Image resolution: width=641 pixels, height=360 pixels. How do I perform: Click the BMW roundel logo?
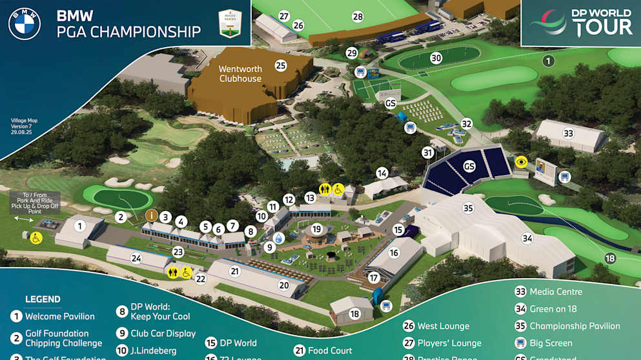(x=25, y=24)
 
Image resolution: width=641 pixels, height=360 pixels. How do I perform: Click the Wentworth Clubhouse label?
(x=240, y=74)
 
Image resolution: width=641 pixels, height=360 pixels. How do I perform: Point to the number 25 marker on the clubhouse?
(x=280, y=65)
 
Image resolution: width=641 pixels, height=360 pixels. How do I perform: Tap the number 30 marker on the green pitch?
(x=436, y=58)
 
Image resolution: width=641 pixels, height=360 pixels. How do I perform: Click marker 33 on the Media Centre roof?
(x=568, y=134)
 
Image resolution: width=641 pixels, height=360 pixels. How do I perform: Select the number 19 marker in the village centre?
(x=316, y=228)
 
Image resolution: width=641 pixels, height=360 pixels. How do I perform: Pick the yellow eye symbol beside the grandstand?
(x=521, y=162)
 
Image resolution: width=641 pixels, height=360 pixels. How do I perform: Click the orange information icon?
(x=152, y=215)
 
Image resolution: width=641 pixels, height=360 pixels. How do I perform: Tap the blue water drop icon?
(x=278, y=238)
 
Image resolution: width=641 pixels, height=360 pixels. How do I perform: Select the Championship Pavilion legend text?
(x=575, y=326)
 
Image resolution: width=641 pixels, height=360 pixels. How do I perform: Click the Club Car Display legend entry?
(x=163, y=334)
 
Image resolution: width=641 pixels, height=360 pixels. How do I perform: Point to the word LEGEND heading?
(x=43, y=299)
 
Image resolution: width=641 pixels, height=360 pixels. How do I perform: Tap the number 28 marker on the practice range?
(x=358, y=16)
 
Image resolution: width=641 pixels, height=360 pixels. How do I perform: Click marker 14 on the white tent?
(x=382, y=173)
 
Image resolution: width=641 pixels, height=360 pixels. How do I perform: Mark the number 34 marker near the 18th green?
(x=527, y=238)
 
